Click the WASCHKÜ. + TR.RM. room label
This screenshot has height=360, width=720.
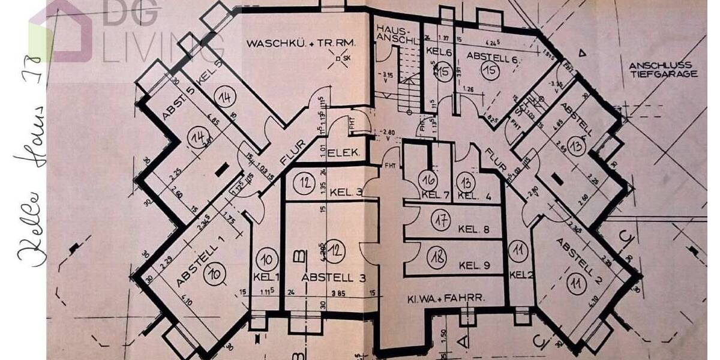pos(301,43)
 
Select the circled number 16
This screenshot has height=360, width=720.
pos(428,179)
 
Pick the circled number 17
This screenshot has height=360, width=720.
pos(442,221)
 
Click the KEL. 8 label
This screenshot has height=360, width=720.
pos(473,229)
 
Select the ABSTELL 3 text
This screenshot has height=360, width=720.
pos(334,278)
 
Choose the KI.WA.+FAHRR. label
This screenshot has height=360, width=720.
pos(445,298)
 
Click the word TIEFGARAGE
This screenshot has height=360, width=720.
pos(663,74)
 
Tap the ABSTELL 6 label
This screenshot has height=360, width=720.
pos(492,59)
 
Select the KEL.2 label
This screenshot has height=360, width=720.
pos(521,274)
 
